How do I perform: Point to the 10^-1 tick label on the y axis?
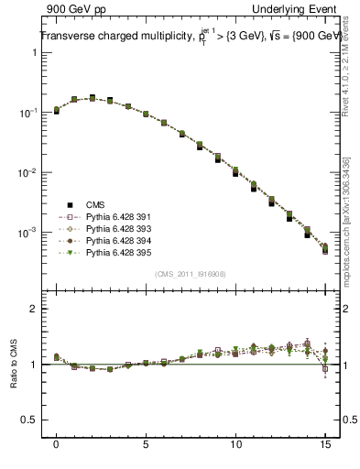click(x=27, y=113)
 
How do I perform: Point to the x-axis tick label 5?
click(x=146, y=444)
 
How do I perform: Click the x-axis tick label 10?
click(x=235, y=444)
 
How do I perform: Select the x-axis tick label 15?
click(x=325, y=444)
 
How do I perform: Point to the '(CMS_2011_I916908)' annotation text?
click(x=190, y=274)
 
